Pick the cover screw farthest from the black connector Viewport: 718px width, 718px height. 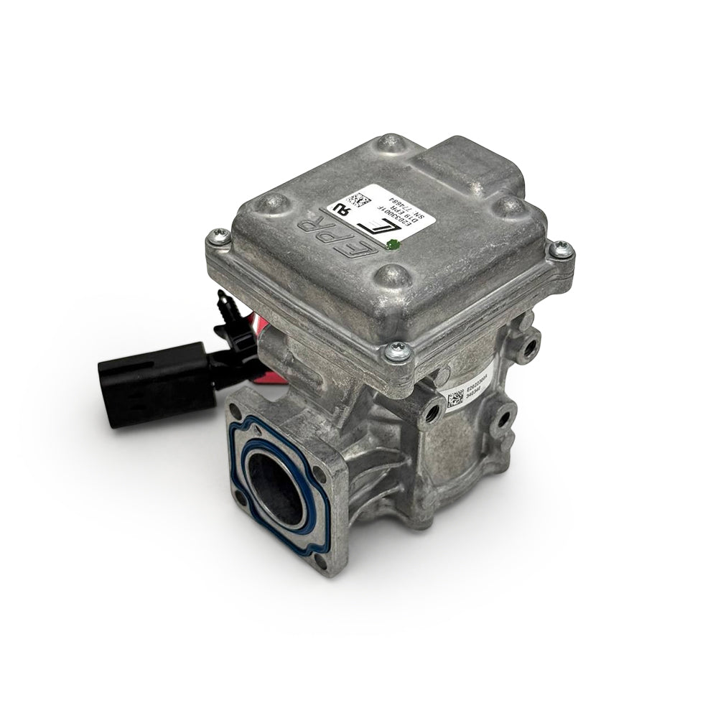coord(560,248)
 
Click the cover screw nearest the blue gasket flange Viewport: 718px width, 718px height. coord(397,351)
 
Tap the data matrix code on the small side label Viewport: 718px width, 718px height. coord(454,399)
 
